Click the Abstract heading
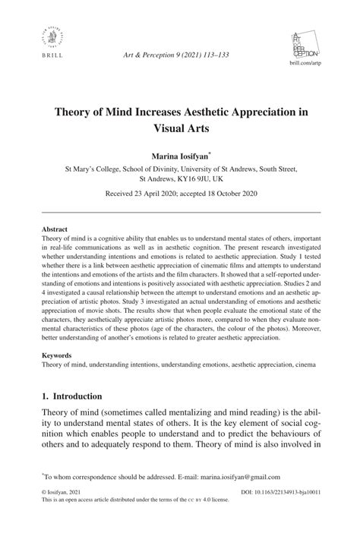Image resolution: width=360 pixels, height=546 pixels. [x=55, y=229]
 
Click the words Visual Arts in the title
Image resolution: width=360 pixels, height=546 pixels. [x=179, y=128]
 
